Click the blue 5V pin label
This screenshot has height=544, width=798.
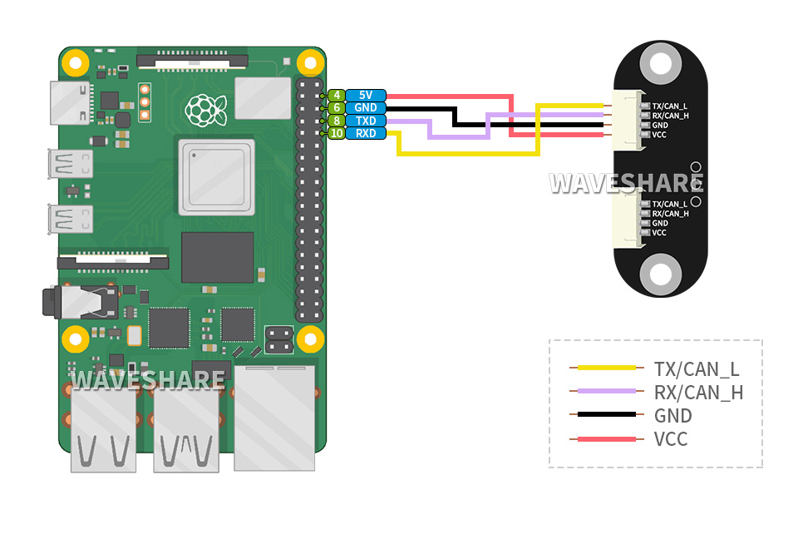pyautogui.click(x=366, y=95)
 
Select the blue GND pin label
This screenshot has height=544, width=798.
pyautogui.click(x=366, y=107)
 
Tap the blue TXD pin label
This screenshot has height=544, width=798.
pyautogui.click(x=366, y=121)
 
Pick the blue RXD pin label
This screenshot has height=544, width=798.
pyautogui.click(x=366, y=133)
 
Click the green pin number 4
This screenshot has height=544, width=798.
pyautogui.click(x=336, y=95)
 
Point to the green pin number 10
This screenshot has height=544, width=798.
pyautogui.click(x=336, y=133)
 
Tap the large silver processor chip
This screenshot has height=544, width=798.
pyautogui.click(x=216, y=177)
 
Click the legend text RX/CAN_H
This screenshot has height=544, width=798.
pyautogui.click(x=698, y=393)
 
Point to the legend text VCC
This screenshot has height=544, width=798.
pyautogui.click(x=671, y=438)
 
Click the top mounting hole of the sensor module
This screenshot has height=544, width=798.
pyautogui.click(x=661, y=63)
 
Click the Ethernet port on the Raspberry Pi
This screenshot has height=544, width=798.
pyautogui.click(x=275, y=416)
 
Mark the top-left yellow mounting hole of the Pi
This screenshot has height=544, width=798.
pyautogui.click(x=76, y=62)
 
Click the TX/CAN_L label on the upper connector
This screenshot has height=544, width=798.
pyautogui.click(x=670, y=106)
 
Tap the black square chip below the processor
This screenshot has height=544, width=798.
pyautogui.click(x=217, y=257)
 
